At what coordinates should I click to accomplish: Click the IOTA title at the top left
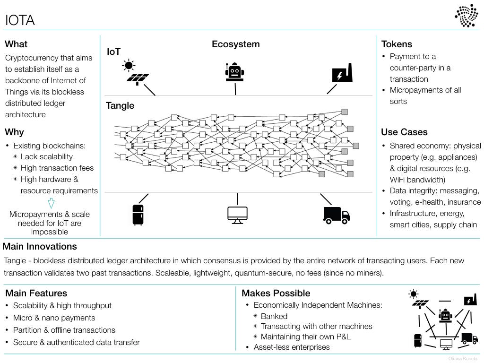[20, 20]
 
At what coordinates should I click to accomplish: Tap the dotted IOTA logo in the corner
[467, 16]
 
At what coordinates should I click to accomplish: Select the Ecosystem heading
[235, 44]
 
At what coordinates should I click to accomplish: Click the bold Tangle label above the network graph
[120, 105]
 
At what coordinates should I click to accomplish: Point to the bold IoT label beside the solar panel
[113, 52]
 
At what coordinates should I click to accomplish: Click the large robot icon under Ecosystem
[234, 72]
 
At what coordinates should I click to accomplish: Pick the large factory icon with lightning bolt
[342, 73]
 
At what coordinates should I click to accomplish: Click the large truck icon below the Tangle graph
[337, 215]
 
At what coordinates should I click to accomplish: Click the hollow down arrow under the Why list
[51, 203]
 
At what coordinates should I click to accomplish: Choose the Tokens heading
[397, 44]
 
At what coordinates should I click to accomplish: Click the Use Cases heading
[405, 132]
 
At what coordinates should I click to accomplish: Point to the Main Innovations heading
[40, 246]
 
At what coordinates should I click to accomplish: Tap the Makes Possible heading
[276, 293]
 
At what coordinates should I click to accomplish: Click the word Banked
[274, 316]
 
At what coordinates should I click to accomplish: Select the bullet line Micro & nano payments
[54, 318]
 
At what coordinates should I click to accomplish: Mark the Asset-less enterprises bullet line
[292, 347]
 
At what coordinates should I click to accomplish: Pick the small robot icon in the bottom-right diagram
[445, 315]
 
